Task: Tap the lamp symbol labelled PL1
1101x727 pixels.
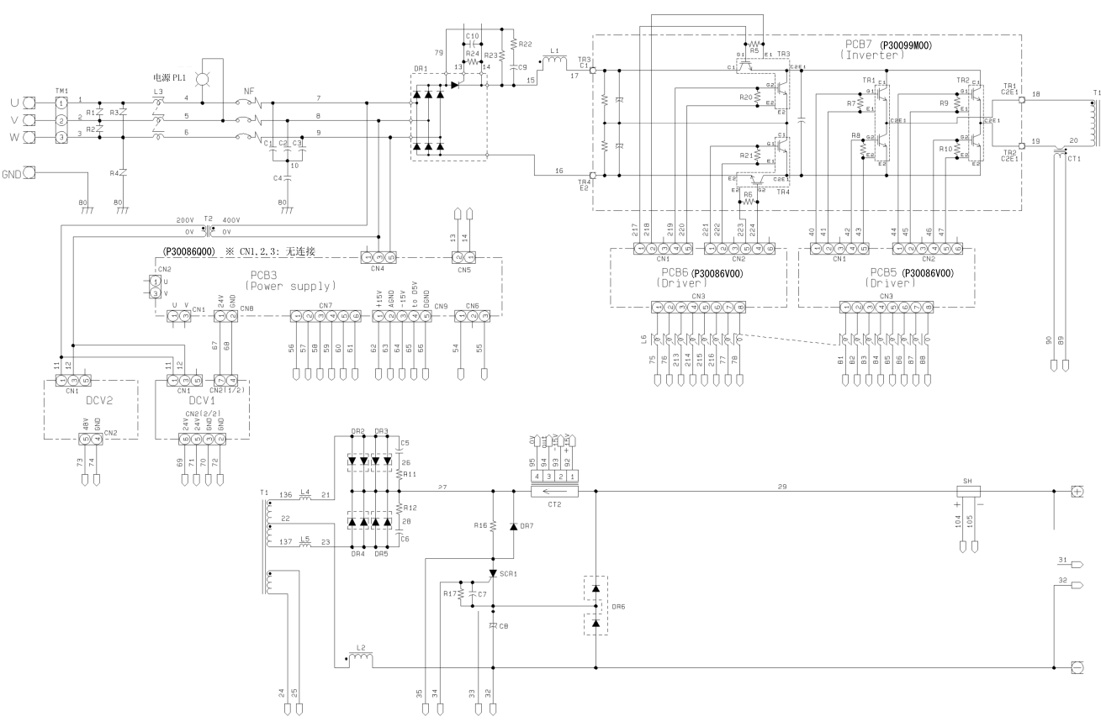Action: [x=201, y=78]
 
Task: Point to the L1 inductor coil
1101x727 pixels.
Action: [x=553, y=61]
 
